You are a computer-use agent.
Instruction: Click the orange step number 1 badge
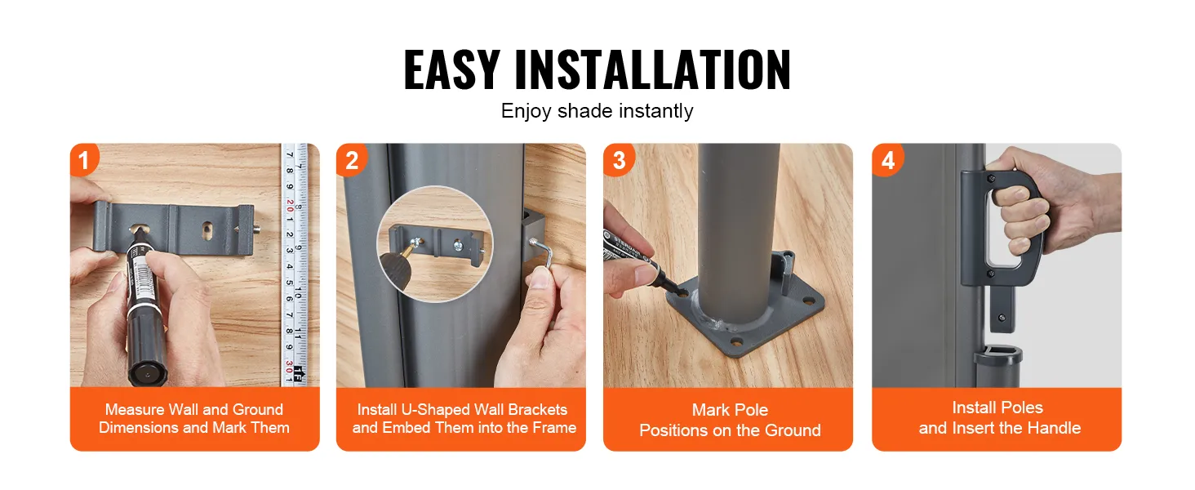[x=84, y=159]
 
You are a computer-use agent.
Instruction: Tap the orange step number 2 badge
[x=351, y=159]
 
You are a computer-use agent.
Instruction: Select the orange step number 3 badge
[x=618, y=159]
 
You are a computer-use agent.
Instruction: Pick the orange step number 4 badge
[x=887, y=159]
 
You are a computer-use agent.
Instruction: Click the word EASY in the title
[x=451, y=69]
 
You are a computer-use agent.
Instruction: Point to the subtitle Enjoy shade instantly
[x=597, y=111]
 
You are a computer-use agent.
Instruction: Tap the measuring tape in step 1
[x=295, y=265]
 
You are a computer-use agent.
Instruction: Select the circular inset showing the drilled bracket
[x=435, y=244]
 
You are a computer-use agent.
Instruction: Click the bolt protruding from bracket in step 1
[x=257, y=230]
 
